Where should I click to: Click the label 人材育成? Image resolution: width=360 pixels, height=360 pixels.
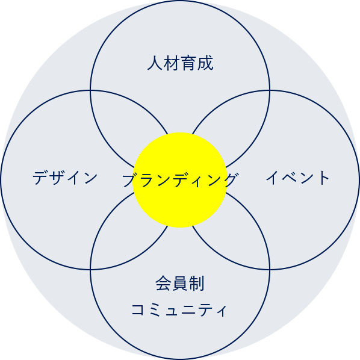tap(180, 63)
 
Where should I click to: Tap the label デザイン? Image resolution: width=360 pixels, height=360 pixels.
tap(65, 178)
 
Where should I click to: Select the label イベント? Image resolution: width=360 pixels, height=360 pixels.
tap(297, 178)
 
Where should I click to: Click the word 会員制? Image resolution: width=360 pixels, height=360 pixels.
tap(180, 284)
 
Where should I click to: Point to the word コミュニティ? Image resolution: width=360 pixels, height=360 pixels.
tap(179, 309)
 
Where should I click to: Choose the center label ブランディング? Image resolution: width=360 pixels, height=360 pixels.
tap(180, 180)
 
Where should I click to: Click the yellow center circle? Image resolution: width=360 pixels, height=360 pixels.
tap(180, 180)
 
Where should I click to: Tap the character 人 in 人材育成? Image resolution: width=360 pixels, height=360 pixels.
tap(155, 63)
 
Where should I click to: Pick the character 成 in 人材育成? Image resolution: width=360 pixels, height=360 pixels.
tap(205, 63)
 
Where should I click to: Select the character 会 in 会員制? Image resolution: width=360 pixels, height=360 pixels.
tap(164, 284)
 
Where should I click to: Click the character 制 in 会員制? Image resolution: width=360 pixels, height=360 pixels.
tap(196, 284)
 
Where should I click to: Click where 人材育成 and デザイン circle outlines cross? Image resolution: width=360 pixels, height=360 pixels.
tap(90, 90)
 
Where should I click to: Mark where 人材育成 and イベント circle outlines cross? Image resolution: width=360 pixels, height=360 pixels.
tap(270, 90)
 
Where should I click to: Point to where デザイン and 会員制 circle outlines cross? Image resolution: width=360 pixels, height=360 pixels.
tap(90, 270)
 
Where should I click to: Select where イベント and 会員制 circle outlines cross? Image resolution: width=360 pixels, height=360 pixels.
tap(270, 270)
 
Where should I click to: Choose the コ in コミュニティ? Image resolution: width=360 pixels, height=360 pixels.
tap(137, 309)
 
